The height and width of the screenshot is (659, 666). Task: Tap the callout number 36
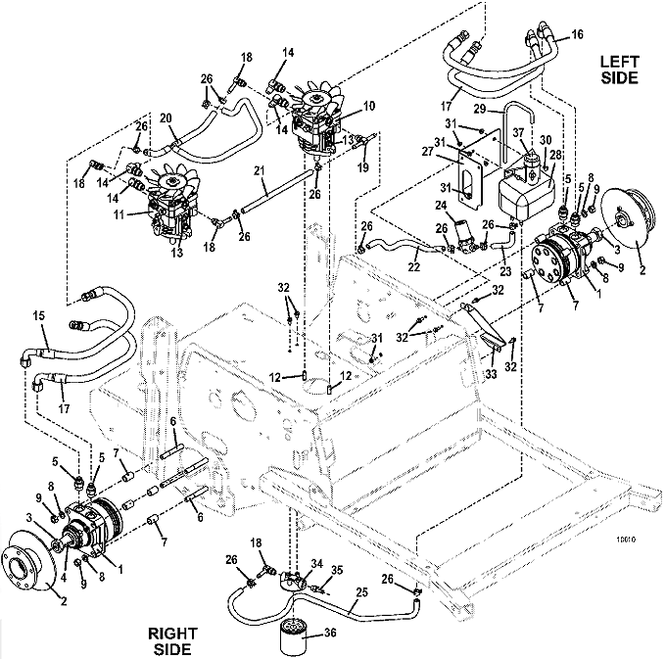(x=330, y=633)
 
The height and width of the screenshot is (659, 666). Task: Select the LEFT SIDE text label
(x=619, y=70)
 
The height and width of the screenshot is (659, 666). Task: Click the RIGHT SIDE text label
(x=173, y=641)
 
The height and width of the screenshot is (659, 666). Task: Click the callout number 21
(x=260, y=171)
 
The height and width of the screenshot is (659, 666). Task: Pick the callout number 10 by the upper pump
(x=369, y=106)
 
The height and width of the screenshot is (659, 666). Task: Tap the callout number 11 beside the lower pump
(x=119, y=214)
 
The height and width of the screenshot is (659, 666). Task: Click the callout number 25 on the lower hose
(x=361, y=591)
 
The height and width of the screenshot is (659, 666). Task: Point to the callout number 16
(x=577, y=34)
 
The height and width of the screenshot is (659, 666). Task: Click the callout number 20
(x=166, y=118)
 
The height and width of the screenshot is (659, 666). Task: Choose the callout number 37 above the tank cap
(x=519, y=133)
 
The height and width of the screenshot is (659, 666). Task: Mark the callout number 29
(x=480, y=109)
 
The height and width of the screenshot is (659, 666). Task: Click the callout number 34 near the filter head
(x=317, y=564)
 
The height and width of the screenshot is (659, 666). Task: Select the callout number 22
(x=413, y=266)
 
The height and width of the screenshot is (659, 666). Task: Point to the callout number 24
(x=441, y=206)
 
